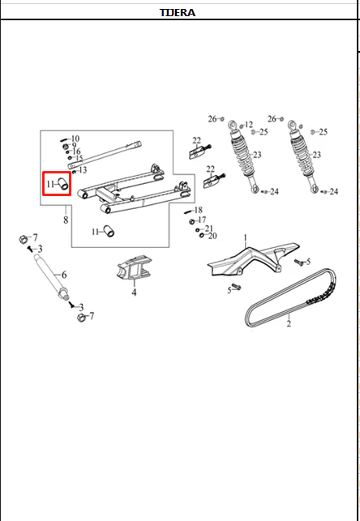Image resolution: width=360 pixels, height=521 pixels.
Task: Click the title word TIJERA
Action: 178,13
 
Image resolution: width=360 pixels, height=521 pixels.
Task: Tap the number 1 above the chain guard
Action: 246,238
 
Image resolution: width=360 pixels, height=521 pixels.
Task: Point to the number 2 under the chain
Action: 289,323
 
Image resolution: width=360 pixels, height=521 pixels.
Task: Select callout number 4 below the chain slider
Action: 134,293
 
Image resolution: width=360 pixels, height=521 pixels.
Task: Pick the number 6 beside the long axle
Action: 64,275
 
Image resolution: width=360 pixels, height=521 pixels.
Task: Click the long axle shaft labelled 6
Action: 50,275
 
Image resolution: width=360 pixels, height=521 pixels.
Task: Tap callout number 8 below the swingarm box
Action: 66,220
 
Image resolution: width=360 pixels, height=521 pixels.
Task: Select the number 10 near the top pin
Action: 75,139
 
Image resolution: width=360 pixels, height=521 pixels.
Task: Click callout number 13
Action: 83,170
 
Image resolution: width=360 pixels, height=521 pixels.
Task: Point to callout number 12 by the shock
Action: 249,125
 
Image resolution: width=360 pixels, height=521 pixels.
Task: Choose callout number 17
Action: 202,220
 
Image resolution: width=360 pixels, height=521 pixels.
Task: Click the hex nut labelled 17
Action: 192,221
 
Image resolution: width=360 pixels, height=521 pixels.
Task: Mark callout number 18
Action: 198,210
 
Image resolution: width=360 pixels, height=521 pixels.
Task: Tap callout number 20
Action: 212,236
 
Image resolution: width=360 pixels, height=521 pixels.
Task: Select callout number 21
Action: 208,228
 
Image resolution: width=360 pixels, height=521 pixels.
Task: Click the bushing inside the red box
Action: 63,185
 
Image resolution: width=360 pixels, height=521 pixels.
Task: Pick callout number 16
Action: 76,152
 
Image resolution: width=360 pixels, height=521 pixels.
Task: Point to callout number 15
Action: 79,158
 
